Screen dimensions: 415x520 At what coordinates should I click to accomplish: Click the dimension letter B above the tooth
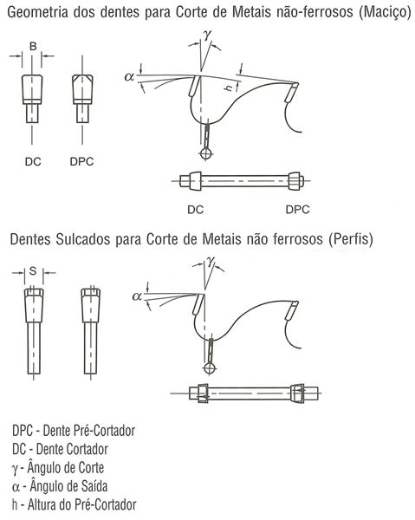(x=33, y=46)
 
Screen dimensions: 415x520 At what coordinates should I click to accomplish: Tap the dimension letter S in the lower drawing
(x=33, y=271)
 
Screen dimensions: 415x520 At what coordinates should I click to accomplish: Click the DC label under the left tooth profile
(x=33, y=161)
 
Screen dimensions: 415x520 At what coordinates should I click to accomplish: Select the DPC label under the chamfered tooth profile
(x=81, y=161)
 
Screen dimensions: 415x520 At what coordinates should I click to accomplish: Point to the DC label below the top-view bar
(x=195, y=210)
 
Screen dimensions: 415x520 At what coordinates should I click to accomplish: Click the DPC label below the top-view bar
(x=297, y=210)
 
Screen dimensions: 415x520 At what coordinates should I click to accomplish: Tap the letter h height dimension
(x=229, y=88)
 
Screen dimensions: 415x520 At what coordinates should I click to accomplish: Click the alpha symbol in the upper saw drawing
(x=129, y=77)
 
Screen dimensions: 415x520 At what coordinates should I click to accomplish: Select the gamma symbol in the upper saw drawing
(x=208, y=35)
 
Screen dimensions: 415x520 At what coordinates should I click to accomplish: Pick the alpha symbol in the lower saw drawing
(x=137, y=296)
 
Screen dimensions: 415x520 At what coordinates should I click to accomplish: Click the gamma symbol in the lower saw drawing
(x=211, y=261)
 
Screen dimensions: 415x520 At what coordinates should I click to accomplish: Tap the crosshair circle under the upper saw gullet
(x=205, y=153)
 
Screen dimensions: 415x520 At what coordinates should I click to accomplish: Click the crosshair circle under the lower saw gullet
(x=209, y=368)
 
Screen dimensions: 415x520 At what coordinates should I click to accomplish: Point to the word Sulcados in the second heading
(x=82, y=239)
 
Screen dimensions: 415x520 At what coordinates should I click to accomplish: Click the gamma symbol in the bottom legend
(x=15, y=469)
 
